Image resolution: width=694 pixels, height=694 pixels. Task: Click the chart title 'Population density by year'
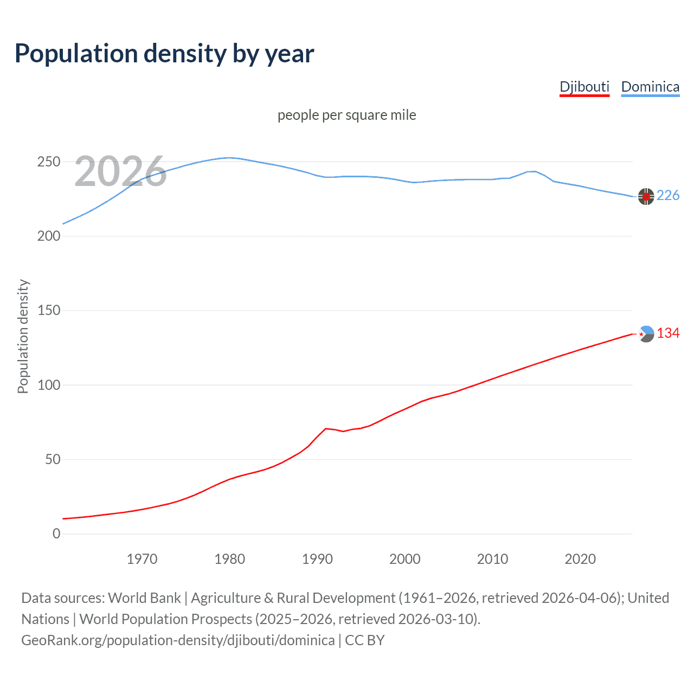click(x=164, y=54)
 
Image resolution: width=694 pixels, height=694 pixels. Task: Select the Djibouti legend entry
click(x=584, y=87)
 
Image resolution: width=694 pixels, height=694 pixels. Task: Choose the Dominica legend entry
click(x=650, y=87)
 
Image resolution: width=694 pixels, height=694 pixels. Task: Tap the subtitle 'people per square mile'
click(x=346, y=115)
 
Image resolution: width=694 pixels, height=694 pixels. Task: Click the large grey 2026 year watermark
click(x=120, y=171)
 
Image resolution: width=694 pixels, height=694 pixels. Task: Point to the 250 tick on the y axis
click(x=49, y=162)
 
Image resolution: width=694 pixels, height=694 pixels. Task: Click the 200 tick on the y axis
click(x=49, y=236)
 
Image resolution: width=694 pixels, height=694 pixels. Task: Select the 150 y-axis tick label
click(x=49, y=311)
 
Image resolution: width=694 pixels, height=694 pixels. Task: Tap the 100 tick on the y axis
click(x=49, y=385)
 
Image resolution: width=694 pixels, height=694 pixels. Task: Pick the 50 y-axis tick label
click(x=53, y=460)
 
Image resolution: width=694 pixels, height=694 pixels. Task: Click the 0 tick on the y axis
click(x=56, y=534)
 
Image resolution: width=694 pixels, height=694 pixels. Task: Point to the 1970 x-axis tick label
click(x=142, y=559)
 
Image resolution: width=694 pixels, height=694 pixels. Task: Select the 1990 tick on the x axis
click(x=317, y=559)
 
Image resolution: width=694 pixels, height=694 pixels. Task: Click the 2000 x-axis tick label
click(x=405, y=559)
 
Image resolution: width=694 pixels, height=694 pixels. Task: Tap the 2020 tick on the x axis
click(x=580, y=559)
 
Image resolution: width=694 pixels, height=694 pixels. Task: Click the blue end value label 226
click(x=668, y=196)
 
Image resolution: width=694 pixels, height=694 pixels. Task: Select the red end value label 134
click(x=668, y=333)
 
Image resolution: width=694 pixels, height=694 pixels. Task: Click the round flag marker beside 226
click(x=646, y=196)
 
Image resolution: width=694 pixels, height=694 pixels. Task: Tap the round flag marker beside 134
click(x=646, y=334)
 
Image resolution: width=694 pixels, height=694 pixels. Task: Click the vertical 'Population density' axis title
click(x=23, y=336)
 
